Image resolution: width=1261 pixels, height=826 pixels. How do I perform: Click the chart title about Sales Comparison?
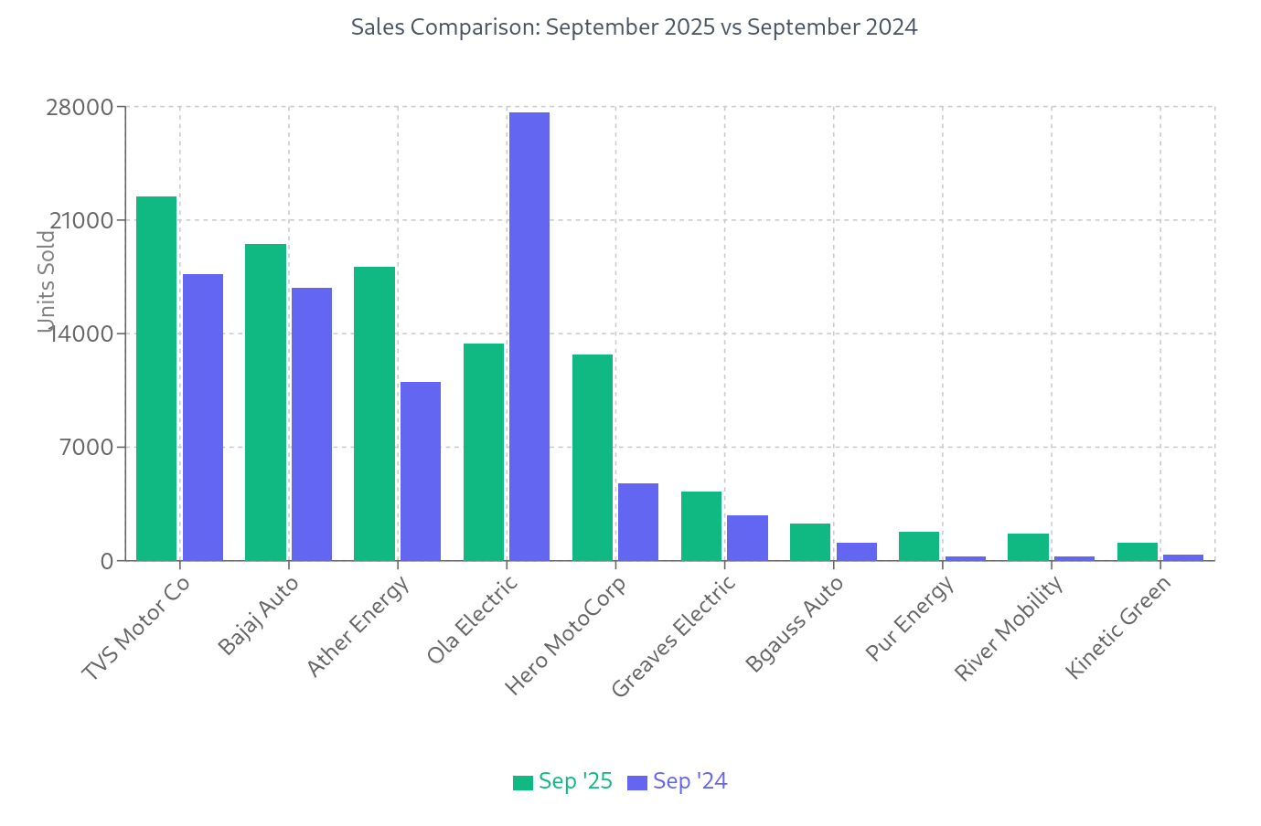coord(634,27)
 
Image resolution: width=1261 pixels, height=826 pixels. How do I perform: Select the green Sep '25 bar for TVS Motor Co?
coord(156,378)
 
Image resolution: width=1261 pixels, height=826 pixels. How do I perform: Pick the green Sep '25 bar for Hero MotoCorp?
coord(593,457)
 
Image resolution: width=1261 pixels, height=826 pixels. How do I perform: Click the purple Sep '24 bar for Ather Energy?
coord(421,471)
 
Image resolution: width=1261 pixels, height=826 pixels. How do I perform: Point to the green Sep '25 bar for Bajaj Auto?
coord(265,402)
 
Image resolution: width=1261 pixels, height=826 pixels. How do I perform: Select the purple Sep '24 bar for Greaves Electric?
coord(747,537)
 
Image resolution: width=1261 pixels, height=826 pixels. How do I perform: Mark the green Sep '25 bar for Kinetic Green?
coord(1137,551)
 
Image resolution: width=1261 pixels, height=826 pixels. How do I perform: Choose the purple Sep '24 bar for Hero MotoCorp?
coord(638,522)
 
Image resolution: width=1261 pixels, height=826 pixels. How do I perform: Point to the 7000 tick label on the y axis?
coord(92,448)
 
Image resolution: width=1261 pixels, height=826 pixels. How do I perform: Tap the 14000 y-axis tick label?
coord(86,334)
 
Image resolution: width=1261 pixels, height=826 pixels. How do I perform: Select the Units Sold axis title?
coord(47,281)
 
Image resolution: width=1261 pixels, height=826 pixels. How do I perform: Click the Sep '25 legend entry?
coord(563,782)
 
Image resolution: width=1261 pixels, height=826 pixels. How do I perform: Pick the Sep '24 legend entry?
coord(678,782)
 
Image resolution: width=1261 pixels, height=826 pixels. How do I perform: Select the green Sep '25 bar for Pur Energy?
coord(919,545)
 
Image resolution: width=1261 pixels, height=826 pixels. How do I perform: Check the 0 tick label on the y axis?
coord(107,561)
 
